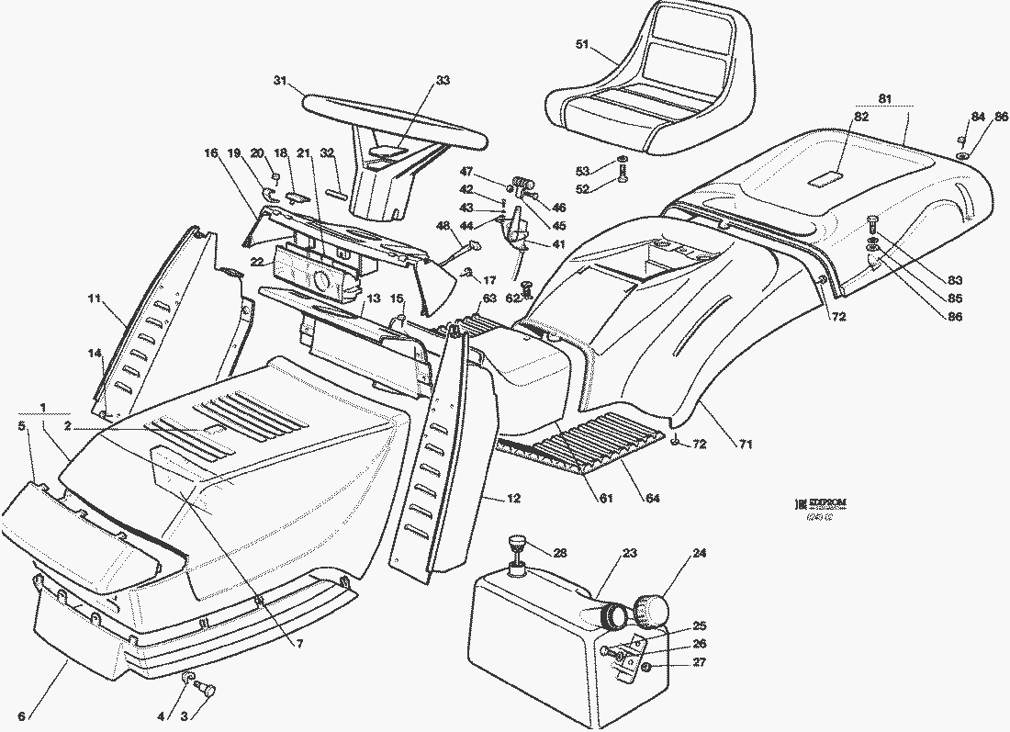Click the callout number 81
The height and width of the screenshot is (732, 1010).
coord(884,98)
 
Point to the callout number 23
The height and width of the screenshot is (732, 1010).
coord(629,553)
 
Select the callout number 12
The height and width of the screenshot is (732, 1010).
coord(513,498)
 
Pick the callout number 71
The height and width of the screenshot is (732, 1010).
coord(745,445)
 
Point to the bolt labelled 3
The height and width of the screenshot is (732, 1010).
coord(203,689)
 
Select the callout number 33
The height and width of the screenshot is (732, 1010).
coord(443,81)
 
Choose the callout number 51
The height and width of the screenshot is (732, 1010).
coord(582,43)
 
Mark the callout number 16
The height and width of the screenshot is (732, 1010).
coord(212,153)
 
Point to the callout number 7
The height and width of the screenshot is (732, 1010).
coord(299,643)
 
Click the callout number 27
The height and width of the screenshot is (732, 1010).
coord(700,662)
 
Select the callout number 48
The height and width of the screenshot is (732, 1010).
coord(443,226)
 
